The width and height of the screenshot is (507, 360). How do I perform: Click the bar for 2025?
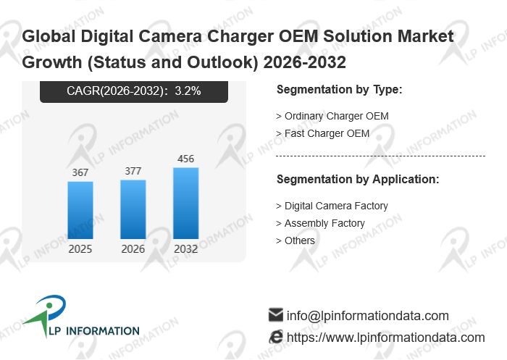click(80, 210)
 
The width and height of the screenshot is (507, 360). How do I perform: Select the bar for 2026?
click(133, 209)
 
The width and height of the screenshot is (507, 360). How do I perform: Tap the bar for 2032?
click(185, 204)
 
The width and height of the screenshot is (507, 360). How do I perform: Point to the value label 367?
click(80, 172)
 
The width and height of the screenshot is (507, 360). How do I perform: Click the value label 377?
click(133, 171)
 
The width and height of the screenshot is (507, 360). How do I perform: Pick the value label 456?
click(185, 159)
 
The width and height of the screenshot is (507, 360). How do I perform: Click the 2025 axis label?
click(80, 249)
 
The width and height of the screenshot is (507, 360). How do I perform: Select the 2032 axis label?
click(185, 249)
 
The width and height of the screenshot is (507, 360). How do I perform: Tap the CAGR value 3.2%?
click(188, 91)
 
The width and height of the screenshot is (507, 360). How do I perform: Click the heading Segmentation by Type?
click(339, 90)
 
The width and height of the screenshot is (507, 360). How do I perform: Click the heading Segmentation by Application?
click(358, 179)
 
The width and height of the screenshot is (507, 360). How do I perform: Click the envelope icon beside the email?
click(275, 315)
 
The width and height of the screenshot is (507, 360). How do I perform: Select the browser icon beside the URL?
click(275, 337)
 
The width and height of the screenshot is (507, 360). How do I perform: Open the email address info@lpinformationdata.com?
click(368, 316)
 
